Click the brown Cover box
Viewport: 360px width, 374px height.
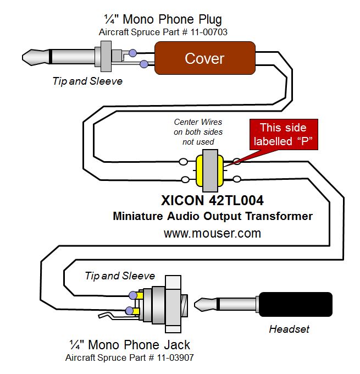click(x=204, y=58)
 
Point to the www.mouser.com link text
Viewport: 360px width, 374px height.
click(x=212, y=233)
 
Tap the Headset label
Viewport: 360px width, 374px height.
click(x=289, y=329)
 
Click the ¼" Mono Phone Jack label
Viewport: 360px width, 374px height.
click(x=130, y=345)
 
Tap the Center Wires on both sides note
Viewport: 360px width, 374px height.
click(x=198, y=131)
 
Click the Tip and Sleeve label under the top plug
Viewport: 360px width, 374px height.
click(x=87, y=81)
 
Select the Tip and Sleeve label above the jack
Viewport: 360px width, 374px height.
click(x=120, y=275)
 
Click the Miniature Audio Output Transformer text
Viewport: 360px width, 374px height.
click(x=212, y=216)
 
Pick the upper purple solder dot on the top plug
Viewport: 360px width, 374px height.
click(x=132, y=53)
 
